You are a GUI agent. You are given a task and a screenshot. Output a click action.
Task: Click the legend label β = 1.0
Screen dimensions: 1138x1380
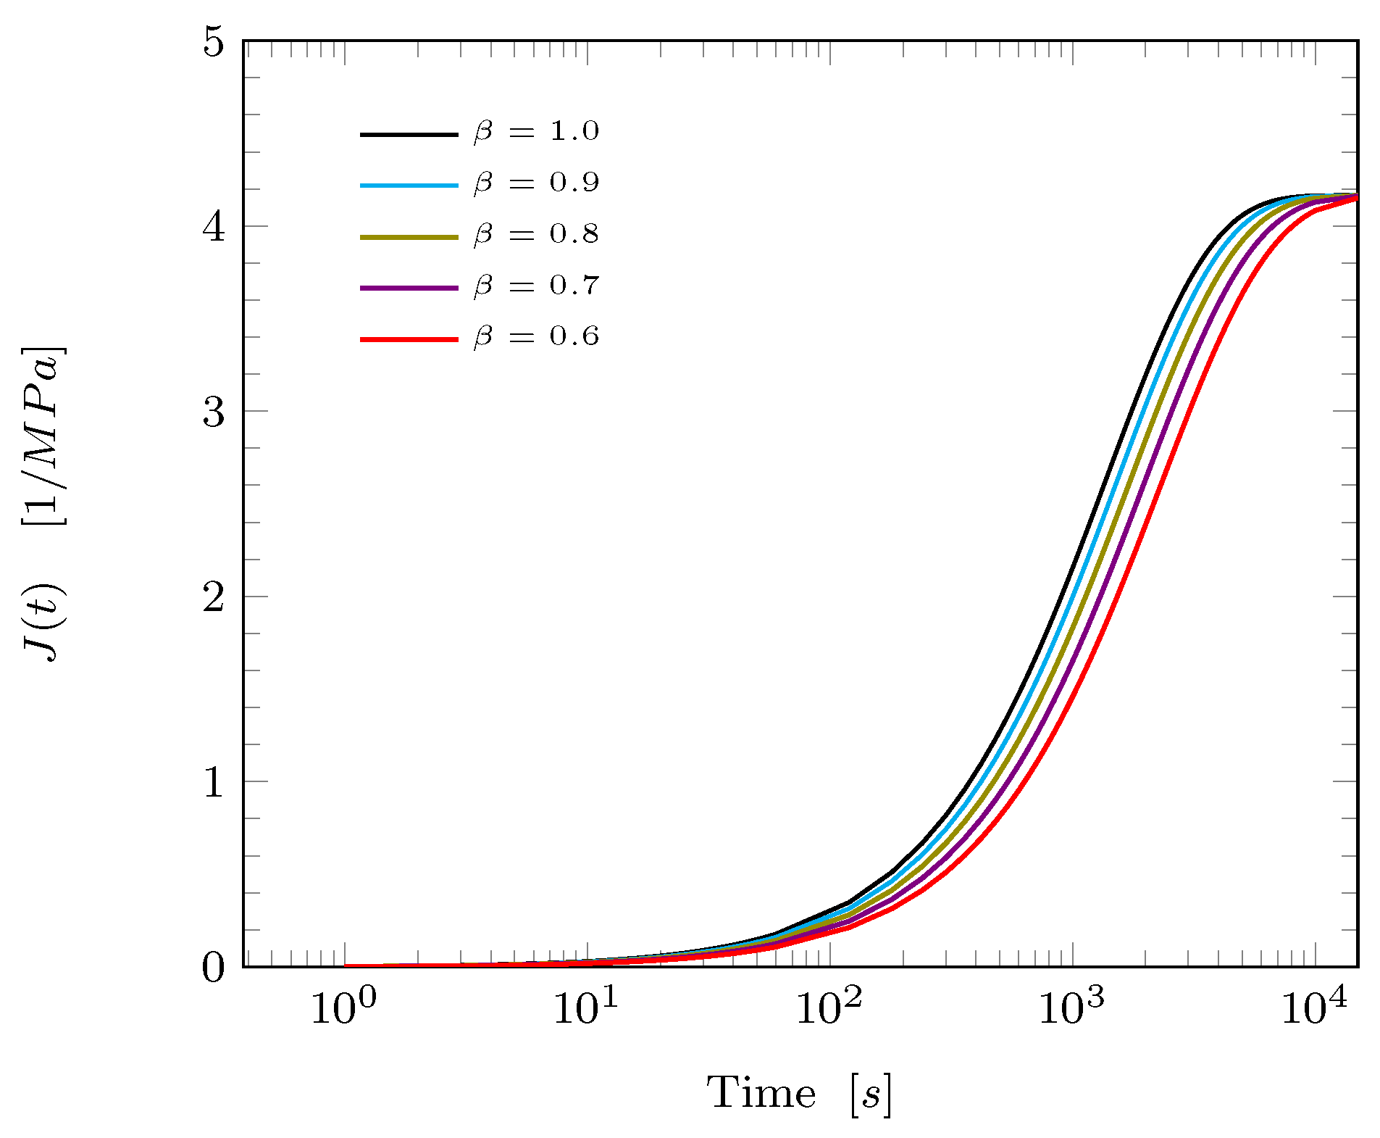click(x=536, y=132)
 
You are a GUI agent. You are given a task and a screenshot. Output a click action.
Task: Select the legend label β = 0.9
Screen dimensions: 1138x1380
click(x=536, y=183)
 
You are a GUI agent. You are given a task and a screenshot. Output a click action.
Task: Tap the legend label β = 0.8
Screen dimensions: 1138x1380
click(x=536, y=235)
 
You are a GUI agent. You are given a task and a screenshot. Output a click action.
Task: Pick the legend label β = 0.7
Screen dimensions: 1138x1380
click(x=536, y=286)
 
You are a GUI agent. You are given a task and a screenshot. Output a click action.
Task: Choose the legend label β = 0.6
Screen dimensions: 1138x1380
click(x=536, y=337)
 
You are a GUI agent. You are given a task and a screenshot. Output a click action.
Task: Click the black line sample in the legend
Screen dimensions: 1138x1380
click(x=409, y=134)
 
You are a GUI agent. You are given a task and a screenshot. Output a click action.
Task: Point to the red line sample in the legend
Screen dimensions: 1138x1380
click(x=409, y=339)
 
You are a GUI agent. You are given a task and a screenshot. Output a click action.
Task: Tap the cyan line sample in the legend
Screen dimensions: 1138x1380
click(x=409, y=186)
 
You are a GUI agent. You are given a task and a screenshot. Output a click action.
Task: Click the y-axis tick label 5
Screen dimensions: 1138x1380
click(x=214, y=43)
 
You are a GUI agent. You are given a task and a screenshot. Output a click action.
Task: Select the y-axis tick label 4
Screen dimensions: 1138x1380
click(x=214, y=228)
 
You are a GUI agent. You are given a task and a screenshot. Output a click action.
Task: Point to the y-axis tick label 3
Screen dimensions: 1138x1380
click(x=214, y=412)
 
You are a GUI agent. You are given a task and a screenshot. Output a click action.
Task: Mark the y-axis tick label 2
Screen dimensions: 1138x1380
click(x=214, y=598)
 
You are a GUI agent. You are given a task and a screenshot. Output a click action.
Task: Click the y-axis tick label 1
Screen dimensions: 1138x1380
click(x=214, y=783)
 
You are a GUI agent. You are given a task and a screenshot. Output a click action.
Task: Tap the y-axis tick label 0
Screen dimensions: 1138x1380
click(x=214, y=968)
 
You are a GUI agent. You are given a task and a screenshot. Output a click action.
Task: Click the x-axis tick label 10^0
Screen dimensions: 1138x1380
click(x=343, y=1008)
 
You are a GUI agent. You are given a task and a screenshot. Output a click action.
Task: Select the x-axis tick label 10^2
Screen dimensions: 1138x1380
click(x=829, y=1008)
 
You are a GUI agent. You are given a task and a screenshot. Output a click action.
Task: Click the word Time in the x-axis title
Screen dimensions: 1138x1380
click(x=761, y=1093)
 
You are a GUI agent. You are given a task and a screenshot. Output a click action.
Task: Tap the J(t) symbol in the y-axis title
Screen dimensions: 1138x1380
click(x=45, y=623)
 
